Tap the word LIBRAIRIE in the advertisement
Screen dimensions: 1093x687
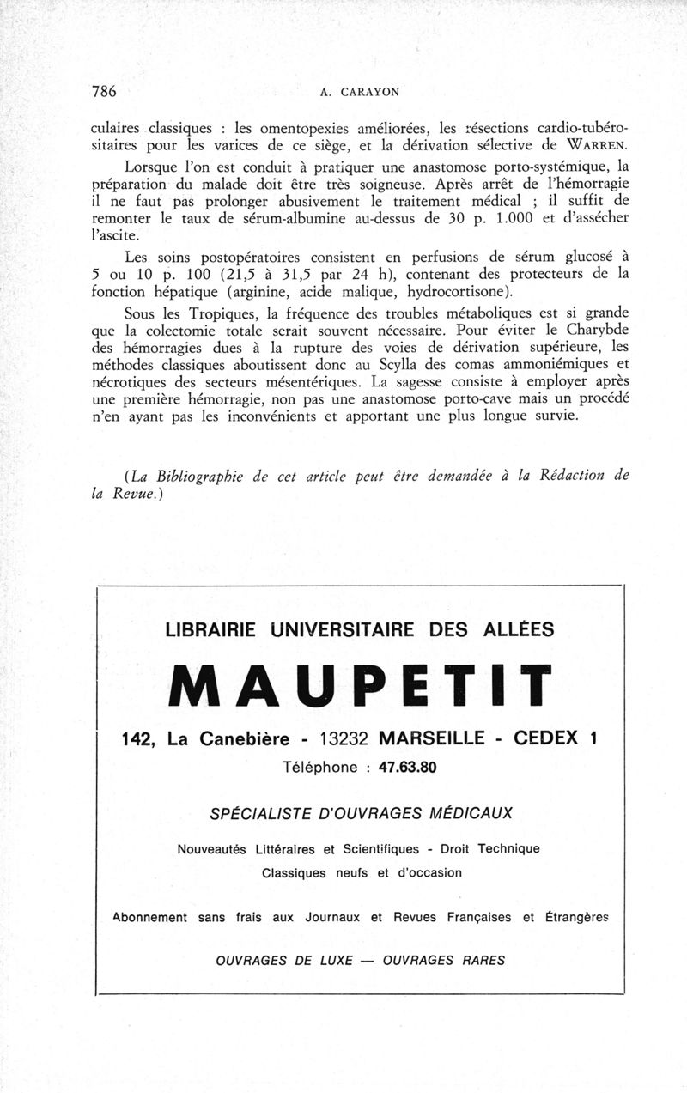(x=215, y=629)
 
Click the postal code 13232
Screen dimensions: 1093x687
(x=343, y=738)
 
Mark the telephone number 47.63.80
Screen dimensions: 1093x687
(x=408, y=767)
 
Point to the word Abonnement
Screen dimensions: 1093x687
(x=150, y=917)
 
